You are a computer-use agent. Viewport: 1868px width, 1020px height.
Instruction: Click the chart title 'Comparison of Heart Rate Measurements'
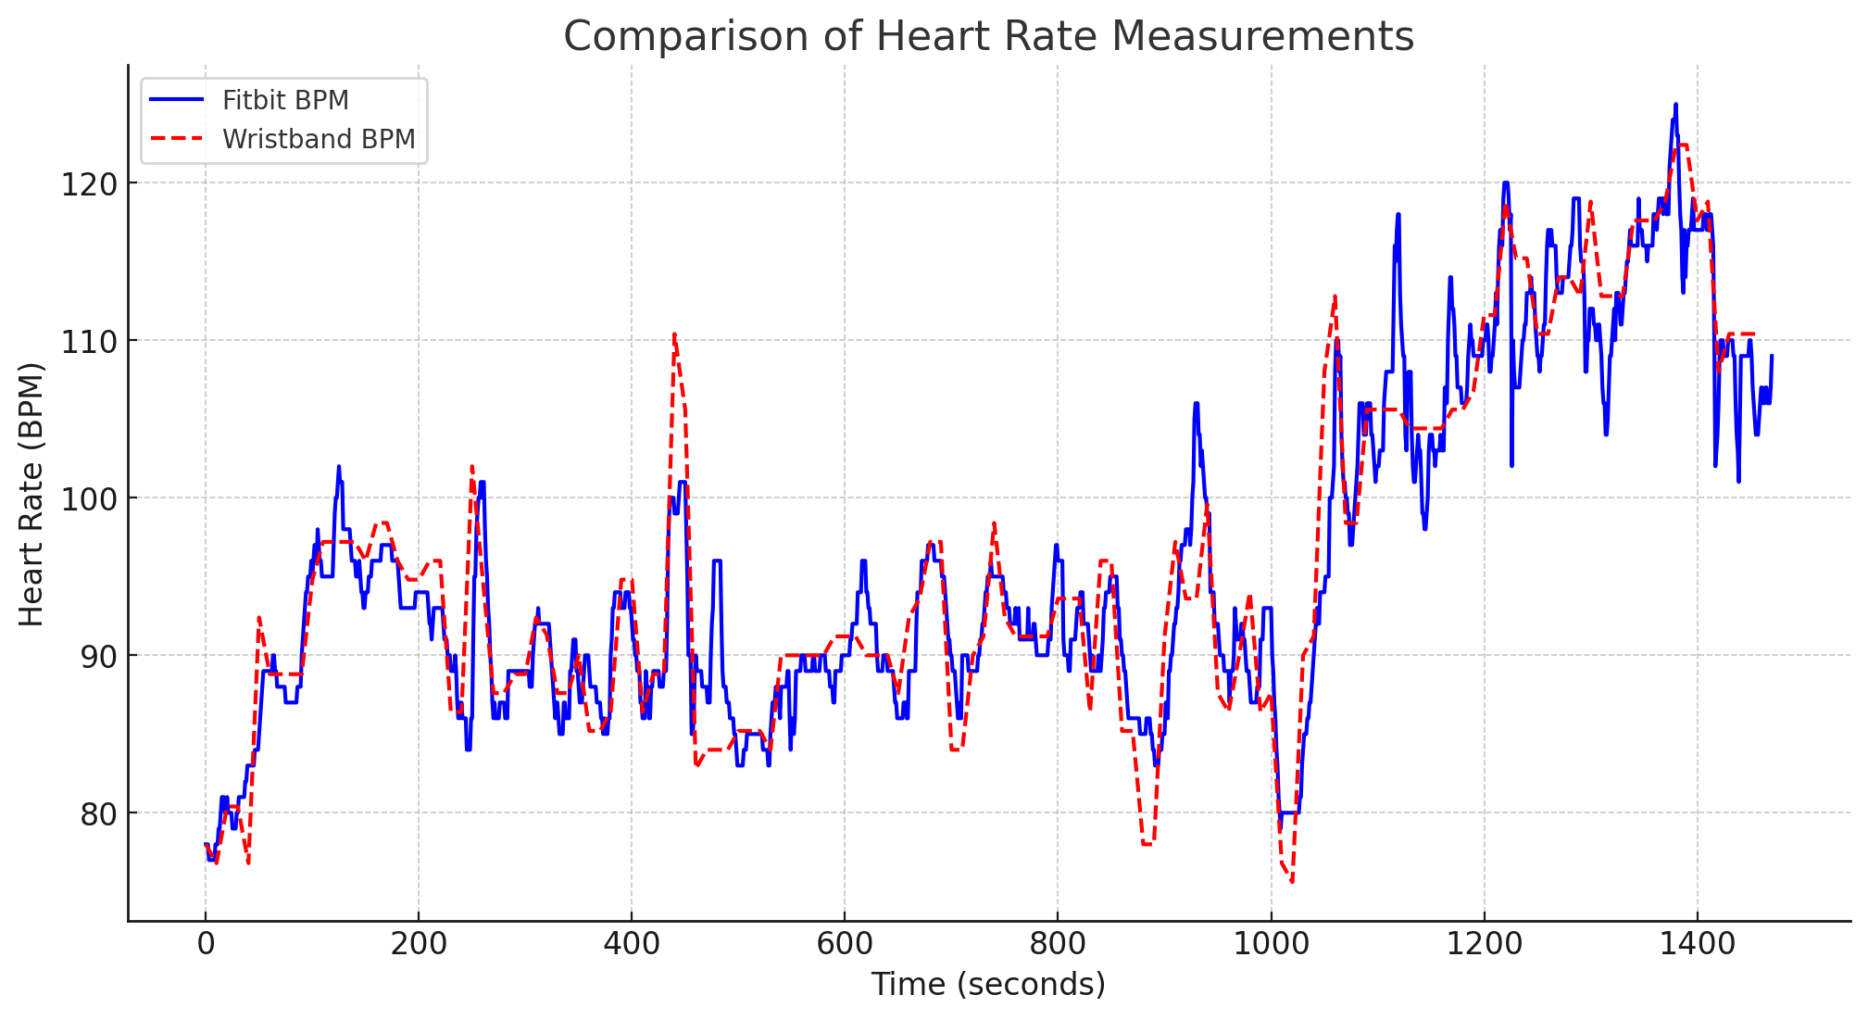(x=988, y=37)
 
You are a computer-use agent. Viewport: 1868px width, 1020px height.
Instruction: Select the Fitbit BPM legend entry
(x=285, y=100)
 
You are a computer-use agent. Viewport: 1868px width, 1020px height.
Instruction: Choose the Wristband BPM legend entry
(x=319, y=139)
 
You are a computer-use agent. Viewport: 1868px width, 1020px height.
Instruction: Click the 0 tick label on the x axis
(x=206, y=944)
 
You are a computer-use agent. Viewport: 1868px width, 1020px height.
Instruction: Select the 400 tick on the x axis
(x=632, y=944)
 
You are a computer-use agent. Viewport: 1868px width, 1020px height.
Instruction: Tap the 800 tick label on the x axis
(x=1058, y=944)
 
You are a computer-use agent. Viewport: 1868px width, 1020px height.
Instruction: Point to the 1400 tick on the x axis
(x=1697, y=944)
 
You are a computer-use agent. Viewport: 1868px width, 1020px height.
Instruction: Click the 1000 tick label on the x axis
(x=1271, y=944)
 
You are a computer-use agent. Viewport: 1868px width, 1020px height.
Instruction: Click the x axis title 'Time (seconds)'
(x=988, y=984)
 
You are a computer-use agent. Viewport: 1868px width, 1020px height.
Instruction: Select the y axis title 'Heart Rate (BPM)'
(x=31, y=494)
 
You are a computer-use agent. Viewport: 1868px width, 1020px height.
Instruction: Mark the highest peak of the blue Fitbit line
(x=1675, y=105)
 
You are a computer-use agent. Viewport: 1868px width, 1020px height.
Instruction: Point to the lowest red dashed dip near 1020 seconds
(x=1292, y=881)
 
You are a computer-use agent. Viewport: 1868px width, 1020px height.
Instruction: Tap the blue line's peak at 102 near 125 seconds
(x=339, y=467)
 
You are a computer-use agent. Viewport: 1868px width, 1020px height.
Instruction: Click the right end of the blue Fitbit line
(x=1772, y=356)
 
